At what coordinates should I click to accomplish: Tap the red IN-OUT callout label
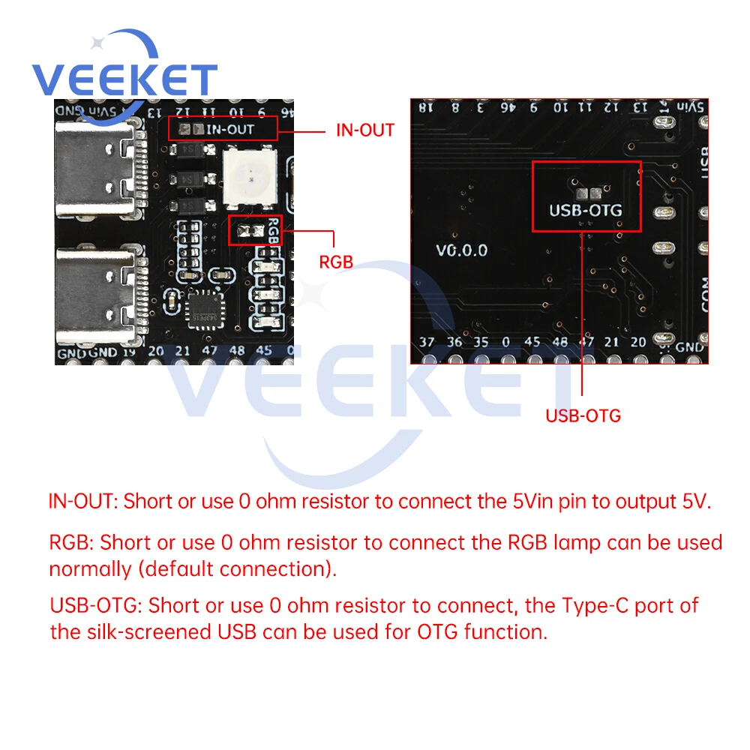pyautogui.click(x=364, y=130)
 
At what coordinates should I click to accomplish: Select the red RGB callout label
pyautogui.click(x=336, y=262)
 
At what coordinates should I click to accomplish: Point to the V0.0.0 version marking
pyautogui.click(x=461, y=250)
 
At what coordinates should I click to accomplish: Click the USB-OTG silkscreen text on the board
pyautogui.click(x=586, y=210)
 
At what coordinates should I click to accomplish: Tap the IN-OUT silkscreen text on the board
pyautogui.click(x=230, y=129)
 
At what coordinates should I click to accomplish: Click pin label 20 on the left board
pyautogui.click(x=156, y=350)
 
